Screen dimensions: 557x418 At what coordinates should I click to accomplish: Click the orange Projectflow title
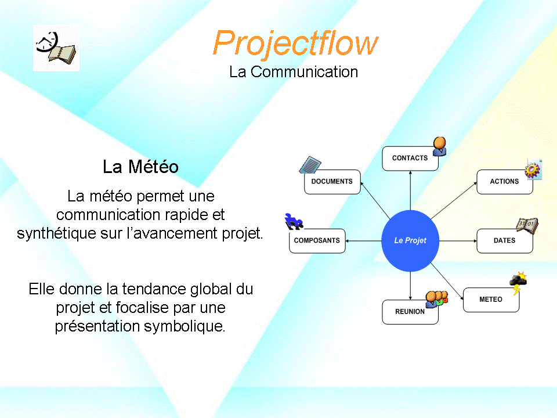click(295, 44)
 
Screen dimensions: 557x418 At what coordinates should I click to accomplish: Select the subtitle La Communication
click(294, 72)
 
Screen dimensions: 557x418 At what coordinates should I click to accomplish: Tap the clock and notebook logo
click(56, 48)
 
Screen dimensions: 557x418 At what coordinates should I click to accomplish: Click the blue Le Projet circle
click(410, 240)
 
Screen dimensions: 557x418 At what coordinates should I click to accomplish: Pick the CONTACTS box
click(410, 158)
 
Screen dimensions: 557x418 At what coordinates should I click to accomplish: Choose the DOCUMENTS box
click(332, 182)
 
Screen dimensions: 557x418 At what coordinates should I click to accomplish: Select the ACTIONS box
click(505, 182)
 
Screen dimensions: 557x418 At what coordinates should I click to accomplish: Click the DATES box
click(505, 240)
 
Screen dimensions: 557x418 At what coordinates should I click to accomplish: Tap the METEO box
click(491, 300)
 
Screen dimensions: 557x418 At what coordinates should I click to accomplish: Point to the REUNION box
click(410, 312)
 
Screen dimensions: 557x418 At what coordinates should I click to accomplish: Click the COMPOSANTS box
click(317, 240)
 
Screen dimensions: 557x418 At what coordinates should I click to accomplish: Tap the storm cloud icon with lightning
click(518, 283)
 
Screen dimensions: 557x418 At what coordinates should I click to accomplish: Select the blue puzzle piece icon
click(294, 221)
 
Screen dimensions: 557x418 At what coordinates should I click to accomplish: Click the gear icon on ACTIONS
click(533, 170)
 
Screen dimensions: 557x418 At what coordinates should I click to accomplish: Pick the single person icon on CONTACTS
click(440, 146)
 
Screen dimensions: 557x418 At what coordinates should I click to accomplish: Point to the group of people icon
click(437, 300)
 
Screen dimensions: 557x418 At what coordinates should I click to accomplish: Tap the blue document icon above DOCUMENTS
click(310, 165)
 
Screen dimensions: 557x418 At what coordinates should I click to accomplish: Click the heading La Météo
click(140, 167)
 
